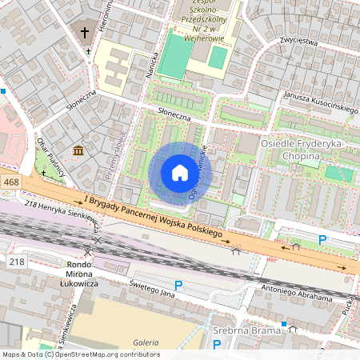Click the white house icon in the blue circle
pyautogui.click(x=180, y=173)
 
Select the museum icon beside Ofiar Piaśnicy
pyautogui.click(x=78, y=151)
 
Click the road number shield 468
pyautogui.click(x=10, y=183)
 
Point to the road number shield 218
pyautogui.click(x=16, y=262)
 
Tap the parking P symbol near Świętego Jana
pyautogui.click(x=178, y=286)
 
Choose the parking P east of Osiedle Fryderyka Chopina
pyautogui.click(x=322, y=239)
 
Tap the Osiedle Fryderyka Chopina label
pyautogui.click(x=307, y=148)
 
